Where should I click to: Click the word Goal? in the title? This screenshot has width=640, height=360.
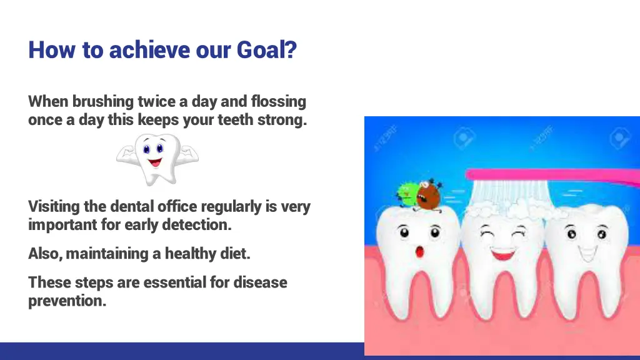266,50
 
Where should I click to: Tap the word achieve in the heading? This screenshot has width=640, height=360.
149,50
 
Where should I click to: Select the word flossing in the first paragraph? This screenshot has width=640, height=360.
278,102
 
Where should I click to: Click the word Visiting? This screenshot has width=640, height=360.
54,206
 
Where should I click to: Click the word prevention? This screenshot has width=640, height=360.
67,301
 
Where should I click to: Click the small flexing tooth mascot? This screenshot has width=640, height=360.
157,159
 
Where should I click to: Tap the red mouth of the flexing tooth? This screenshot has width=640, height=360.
155,162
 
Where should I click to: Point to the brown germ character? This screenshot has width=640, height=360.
428,196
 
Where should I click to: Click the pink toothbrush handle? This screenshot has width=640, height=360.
552,176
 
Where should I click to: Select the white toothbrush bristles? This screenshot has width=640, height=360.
510,194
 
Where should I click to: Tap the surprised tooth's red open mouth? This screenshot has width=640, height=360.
419,251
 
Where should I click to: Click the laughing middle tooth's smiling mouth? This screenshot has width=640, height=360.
503,254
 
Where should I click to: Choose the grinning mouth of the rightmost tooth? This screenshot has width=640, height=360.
587,254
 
